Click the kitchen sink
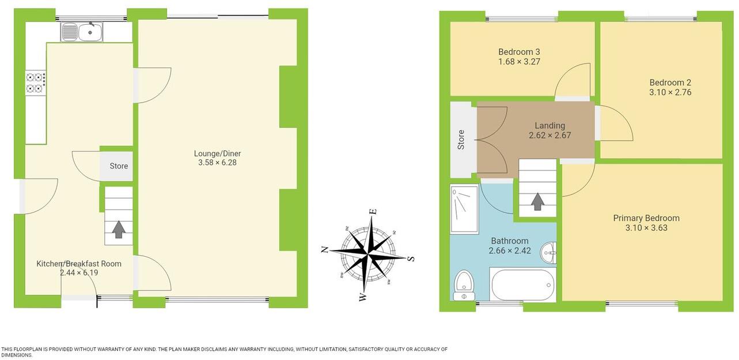[x=82, y=32]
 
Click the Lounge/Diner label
[x=217, y=154]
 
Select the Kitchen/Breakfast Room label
[x=79, y=264]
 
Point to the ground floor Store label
[x=119, y=166]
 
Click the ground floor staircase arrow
[x=119, y=229]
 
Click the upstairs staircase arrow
[x=537, y=202]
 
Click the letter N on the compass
[x=325, y=249]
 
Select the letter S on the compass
[x=411, y=258]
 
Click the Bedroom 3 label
[x=519, y=52]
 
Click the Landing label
[x=549, y=126]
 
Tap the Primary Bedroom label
[x=646, y=218]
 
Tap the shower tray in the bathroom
[x=464, y=209]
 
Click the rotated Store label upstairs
[x=461, y=140]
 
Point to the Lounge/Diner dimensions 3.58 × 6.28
[x=217, y=163]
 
